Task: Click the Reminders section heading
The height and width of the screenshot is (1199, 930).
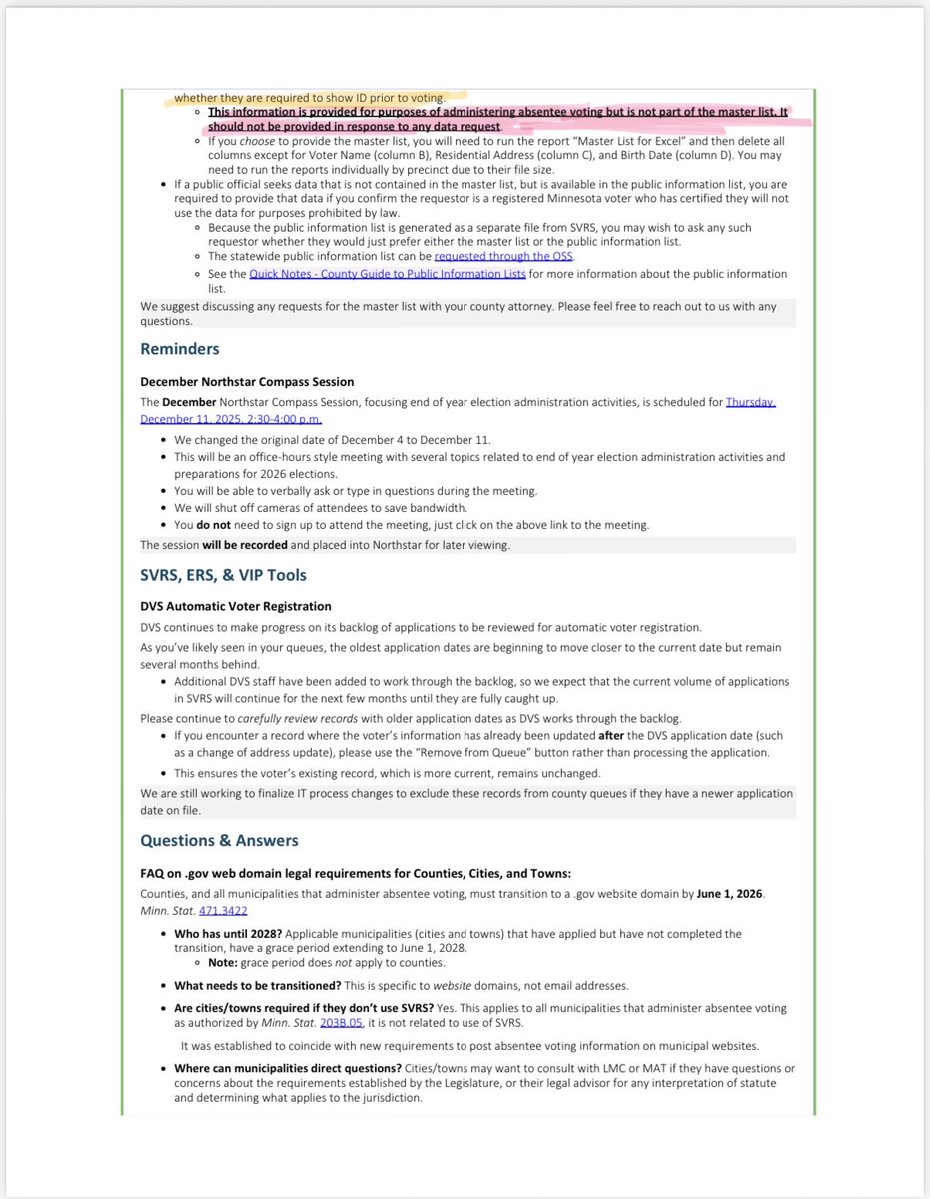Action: (x=179, y=349)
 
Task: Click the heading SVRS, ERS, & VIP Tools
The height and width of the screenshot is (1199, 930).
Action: (x=223, y=575)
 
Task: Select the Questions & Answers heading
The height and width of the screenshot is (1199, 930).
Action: (x=219, y=840)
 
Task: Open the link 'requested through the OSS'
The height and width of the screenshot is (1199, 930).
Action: (x=503, y=256)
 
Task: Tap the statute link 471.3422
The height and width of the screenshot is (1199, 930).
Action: (x=223, y=910)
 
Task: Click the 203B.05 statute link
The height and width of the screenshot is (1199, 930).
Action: (x=339, y=1022)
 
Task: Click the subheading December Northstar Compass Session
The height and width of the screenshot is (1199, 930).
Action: (x=247, y=382)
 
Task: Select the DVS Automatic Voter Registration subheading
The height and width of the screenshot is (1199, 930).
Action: (x=235, y=606)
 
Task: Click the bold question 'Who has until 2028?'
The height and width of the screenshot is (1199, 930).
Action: (x=221, y=934)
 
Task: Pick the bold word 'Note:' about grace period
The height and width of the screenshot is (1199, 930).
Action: (x=224, y=962)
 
